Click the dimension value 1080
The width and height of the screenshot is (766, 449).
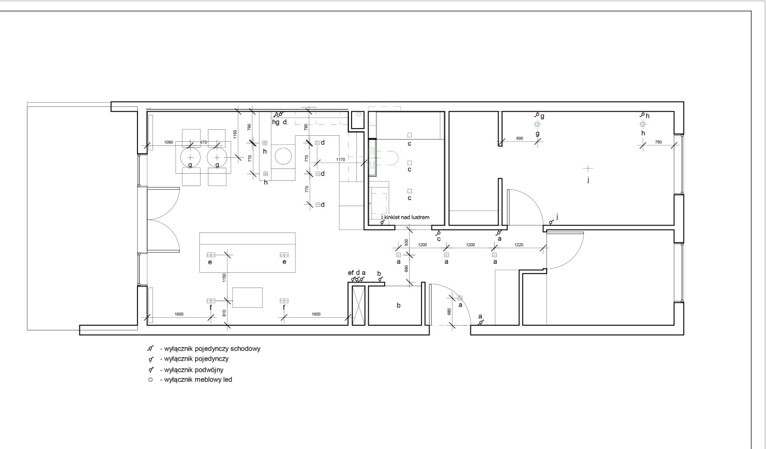[x=169, y=142]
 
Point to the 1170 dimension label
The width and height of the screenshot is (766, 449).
[x=341, y=159]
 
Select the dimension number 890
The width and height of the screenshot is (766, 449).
[x=520, y=138]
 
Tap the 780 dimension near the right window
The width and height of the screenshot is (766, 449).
[x=658, y=142]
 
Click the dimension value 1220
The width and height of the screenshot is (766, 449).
[x=519, y=245]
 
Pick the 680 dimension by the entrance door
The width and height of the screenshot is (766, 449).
[x=449, y=311]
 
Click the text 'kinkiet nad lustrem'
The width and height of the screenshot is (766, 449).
[x=407, y=217]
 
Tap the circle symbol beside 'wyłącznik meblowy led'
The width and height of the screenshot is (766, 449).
[x=150, y=380]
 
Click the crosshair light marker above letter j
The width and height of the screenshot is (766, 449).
[x=588, y=168]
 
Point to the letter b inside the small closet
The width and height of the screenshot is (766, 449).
[x=399, y=305]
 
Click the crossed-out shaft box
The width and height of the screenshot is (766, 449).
[x=359, y=305]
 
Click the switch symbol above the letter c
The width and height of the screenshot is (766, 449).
[x=438, y=233]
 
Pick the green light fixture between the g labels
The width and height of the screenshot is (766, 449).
[x=537, y=124]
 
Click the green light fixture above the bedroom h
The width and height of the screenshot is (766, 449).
[x=643, y=124]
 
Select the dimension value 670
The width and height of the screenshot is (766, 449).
[x=203, y=142]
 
